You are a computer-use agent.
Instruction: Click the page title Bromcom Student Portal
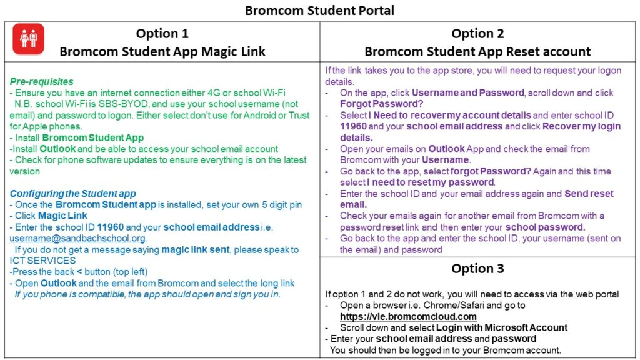(x=319, y=11)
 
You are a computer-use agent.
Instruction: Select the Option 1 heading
(x=162, y=34)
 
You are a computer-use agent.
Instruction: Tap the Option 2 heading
(x=477, y=34)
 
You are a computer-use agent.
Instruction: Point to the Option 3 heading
(x=477, y=268)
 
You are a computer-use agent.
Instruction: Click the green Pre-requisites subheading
(x=41, y=81)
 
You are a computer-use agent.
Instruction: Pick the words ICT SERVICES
(x=42, y=261)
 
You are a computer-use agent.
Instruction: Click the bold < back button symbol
(x=79, y=272)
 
